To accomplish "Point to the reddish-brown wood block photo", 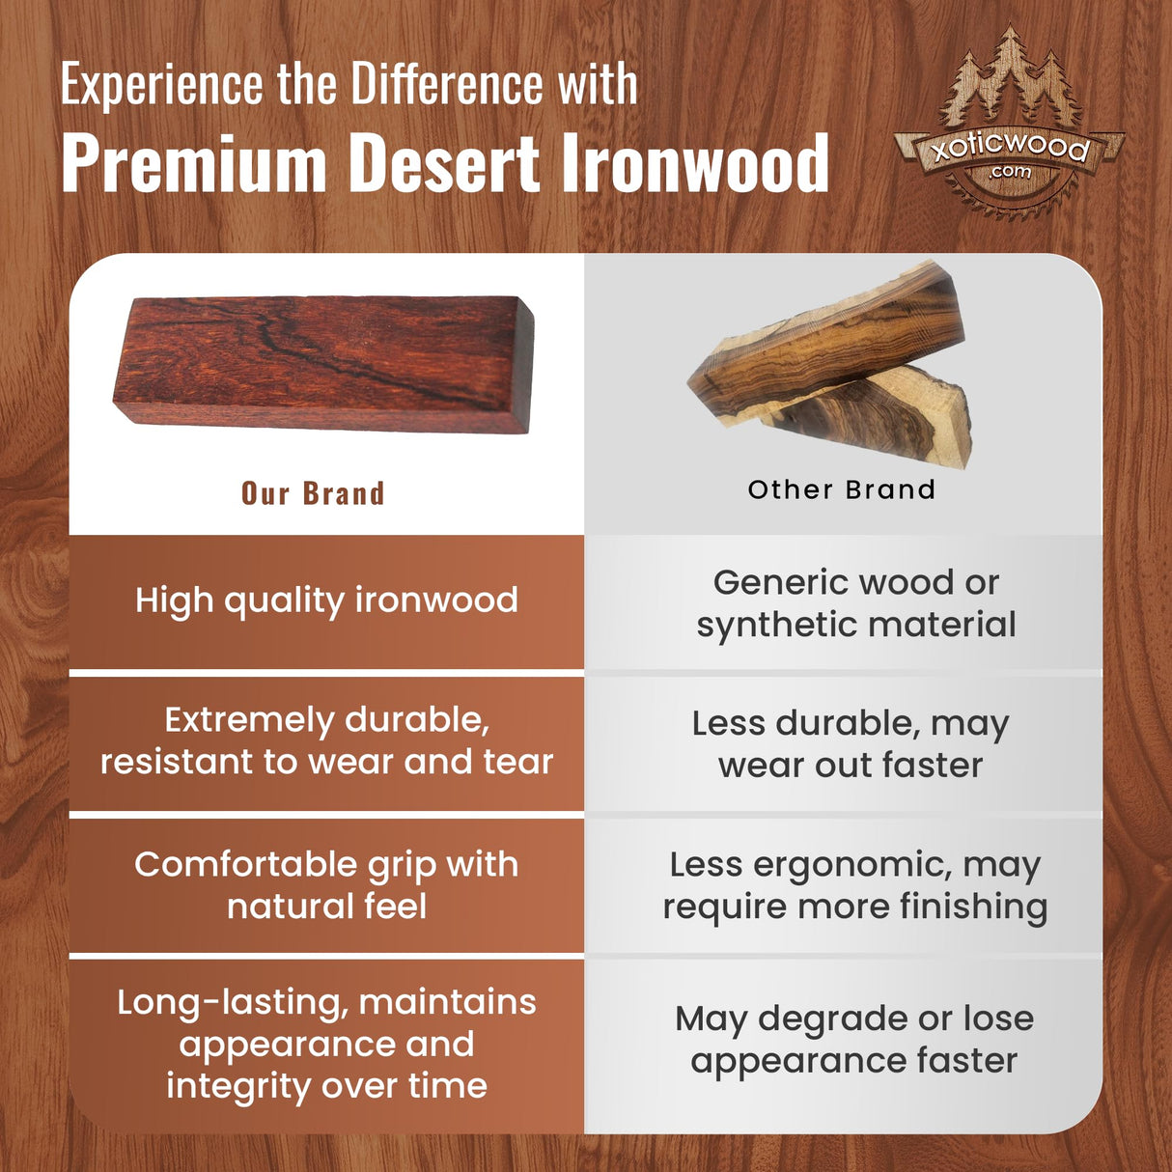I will [x=323, y=363].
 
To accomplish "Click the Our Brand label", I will [x=313, y=493].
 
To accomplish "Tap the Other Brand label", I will [x=842, y=489].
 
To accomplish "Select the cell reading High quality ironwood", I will [x=326, y=600].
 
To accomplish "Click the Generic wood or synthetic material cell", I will [x=855, y=603].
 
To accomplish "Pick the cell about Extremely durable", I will [x=326, y=740].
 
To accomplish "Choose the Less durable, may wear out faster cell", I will [x=851, y=743].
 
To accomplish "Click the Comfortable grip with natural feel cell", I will [x=326, y=884].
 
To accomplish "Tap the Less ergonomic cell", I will [x=854, y=884].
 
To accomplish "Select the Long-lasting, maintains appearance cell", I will [x=326, y=1043].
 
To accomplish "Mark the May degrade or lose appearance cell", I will [x=854, y=1039].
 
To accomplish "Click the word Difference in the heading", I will [x=447, y=84].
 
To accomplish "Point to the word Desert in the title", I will [x=444, y=164].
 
